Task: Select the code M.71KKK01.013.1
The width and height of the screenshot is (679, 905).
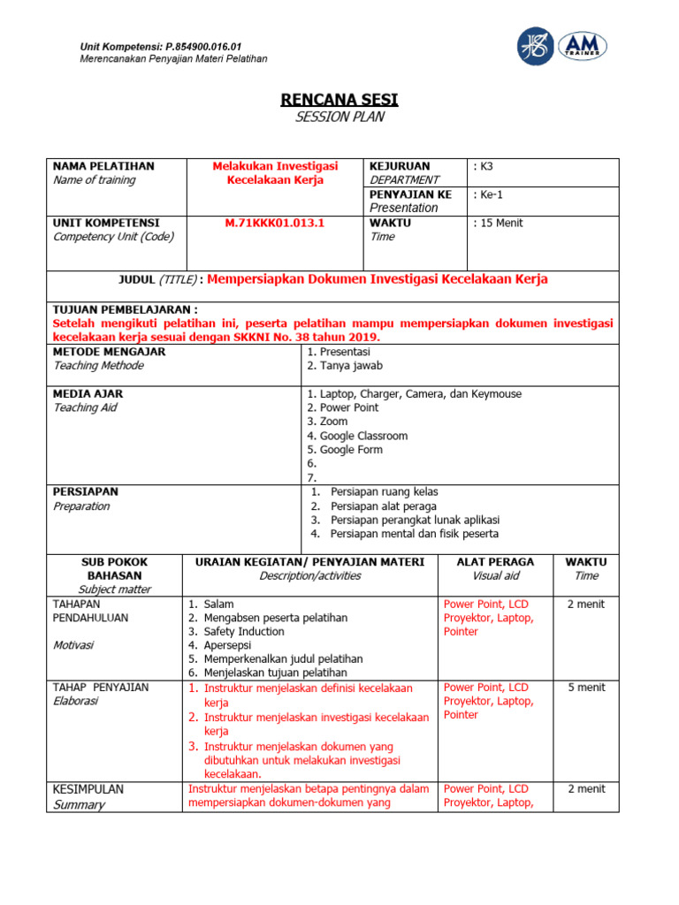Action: [x=275, y=223]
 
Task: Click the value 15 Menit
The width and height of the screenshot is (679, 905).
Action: [x=500, y=223]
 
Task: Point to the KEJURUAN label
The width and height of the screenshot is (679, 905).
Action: [x=400, y=166]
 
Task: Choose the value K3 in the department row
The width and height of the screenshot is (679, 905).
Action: [x=484, y=166]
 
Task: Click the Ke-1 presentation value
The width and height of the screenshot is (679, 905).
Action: [x=490, y=194]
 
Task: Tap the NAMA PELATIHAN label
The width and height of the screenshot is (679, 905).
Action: [x=103, y=166]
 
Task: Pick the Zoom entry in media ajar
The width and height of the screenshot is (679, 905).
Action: [x=333, y=422]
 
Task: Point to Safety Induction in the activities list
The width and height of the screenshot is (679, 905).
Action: [x=244, y=632]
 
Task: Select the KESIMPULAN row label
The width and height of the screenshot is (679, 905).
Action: [x=88, y=789]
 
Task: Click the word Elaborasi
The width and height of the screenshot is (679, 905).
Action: [x=76, y=702]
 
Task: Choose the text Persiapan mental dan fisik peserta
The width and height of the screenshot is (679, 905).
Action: [x=414, y=534]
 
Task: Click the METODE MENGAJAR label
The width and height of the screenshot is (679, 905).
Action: [x=109, y=352]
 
